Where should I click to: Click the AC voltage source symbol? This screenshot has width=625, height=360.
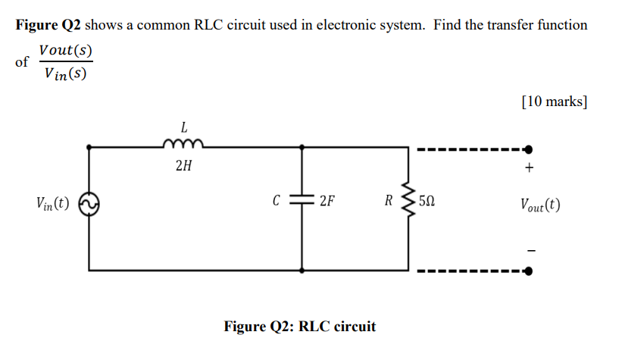pos(90,205)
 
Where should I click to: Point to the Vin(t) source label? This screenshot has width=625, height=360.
pos(52,204)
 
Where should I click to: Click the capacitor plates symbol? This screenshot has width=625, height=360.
pos(303,202)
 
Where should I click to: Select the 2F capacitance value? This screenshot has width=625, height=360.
pos(328,202)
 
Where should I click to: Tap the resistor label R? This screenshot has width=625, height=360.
pos(388,202)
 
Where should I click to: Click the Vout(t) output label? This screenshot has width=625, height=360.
pos(540,205)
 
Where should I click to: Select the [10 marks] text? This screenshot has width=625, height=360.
pos(555,100)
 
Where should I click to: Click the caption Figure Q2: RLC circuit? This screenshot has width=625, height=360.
pos(300,327)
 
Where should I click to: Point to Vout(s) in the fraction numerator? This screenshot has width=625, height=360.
pos(65,50)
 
